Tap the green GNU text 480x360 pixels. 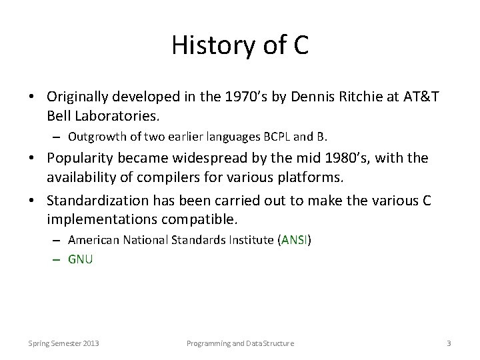tap(81, 259)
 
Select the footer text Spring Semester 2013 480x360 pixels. tap(64, 343)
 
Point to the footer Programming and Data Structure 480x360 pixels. tap(239, 343)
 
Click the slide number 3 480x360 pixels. tap(449, 343)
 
